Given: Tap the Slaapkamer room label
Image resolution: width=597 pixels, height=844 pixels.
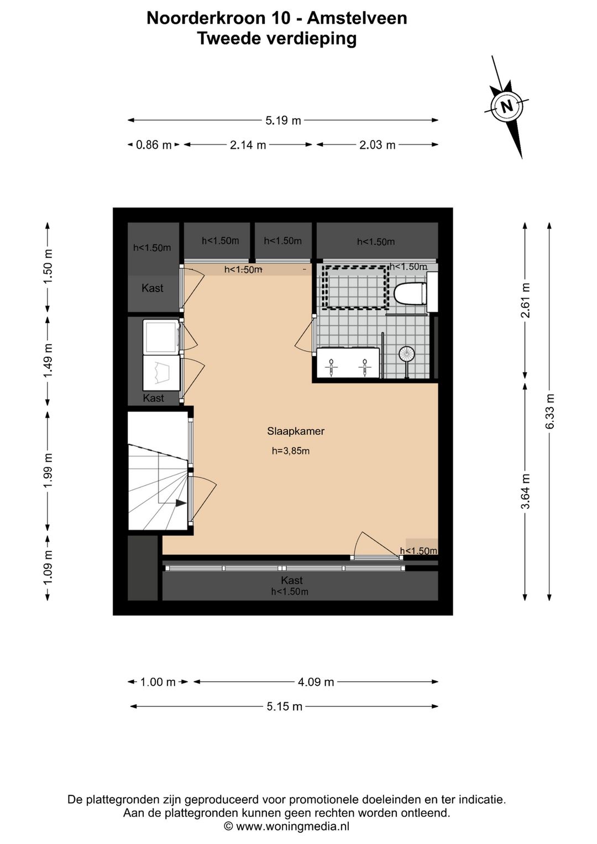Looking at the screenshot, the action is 296,431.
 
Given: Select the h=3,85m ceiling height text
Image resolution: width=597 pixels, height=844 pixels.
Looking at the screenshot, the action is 291,451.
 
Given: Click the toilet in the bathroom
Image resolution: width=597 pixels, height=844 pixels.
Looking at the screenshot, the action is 410,293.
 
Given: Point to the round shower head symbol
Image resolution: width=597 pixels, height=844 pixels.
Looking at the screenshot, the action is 406,353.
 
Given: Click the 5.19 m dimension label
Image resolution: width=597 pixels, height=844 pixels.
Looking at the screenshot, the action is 283,121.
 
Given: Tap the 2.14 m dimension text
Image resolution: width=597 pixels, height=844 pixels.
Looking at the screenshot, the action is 248,145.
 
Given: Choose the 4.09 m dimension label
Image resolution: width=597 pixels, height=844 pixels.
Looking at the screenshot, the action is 316,681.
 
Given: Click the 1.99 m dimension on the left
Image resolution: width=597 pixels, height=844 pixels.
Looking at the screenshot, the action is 48,470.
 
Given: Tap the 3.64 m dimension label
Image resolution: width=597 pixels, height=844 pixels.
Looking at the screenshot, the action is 525,491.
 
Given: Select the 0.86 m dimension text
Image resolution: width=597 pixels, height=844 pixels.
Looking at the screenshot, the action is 154,145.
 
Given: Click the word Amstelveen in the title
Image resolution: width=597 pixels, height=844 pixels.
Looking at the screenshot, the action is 357,18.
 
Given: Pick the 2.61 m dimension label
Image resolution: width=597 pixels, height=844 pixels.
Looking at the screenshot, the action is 525,300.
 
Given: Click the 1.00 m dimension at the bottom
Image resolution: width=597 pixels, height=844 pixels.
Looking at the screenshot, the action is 158,681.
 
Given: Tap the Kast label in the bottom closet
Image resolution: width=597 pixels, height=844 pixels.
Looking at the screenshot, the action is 292,580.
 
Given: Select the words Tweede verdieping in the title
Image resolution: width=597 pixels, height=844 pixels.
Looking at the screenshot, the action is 277,38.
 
